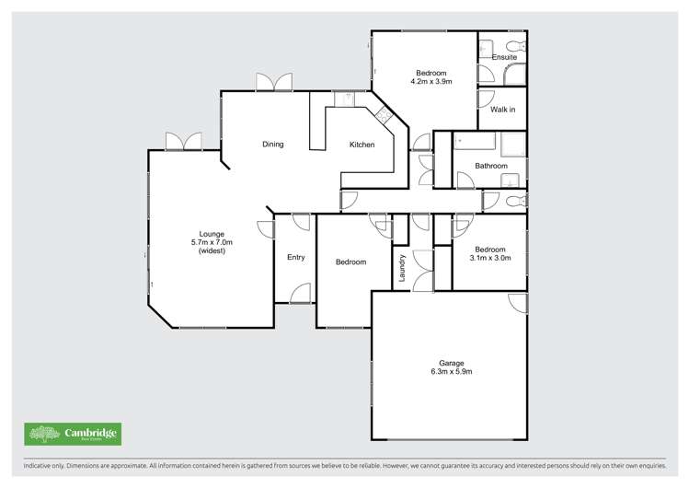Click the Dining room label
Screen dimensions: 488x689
[272, 144]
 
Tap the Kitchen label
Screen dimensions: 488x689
[362, 145]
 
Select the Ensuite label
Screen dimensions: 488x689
[504, 57]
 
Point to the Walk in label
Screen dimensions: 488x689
[502, 110]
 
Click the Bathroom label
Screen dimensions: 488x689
[490, 166]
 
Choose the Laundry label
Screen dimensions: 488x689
[402, 268]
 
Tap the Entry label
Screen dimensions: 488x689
[295, 257]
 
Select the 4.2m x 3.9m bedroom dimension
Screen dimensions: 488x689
[430, 81]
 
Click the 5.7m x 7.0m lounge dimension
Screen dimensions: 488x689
[212, 242]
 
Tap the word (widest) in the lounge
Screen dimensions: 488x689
[212, 250]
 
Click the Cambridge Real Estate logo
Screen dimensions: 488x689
[73, 434]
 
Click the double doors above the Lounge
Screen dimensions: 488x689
[183, 141]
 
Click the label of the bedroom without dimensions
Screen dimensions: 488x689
[350, 262]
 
